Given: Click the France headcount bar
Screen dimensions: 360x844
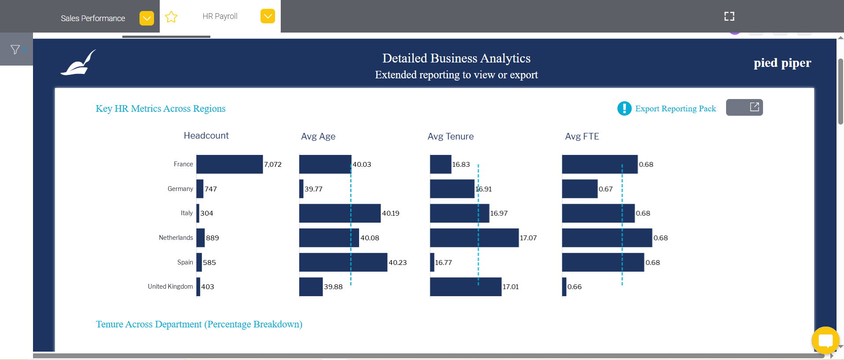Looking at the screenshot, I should click(229, 164).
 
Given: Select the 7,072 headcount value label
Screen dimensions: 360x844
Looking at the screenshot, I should click(273, 165).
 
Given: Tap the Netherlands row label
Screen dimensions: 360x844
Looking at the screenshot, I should click(176, 238).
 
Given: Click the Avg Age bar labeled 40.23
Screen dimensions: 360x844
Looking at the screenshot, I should click(343, 262).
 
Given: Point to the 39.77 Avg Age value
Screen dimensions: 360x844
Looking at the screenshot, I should click(313, 189).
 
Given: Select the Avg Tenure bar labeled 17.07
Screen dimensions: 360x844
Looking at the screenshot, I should click(474, 238).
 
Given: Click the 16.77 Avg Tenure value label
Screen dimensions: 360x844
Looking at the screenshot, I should click(444, 263).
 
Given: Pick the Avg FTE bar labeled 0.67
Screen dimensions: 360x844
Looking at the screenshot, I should click(580, 189).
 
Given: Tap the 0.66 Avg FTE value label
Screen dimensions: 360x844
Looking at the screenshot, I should click(574, 287).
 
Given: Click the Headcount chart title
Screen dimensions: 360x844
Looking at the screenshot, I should click(206, 136).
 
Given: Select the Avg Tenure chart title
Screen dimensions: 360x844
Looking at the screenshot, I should click(450, 136).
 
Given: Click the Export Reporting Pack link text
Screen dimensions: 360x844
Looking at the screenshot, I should click(675, 109).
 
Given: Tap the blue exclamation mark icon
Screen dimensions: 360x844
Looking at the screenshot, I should click(624, 108).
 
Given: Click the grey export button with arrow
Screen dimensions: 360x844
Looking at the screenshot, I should click(744, 107).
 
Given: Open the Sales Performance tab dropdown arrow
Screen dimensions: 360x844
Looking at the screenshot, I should click(147, 18).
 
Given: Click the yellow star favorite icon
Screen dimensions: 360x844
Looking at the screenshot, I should click(171, 17).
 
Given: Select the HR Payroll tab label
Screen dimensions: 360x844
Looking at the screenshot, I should click(220, 16).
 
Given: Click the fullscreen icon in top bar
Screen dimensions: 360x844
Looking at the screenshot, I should click(729, 16).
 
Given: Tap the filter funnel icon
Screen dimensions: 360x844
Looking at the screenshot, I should click(15, 50).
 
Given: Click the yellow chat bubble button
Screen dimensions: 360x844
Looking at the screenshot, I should click(825, 340).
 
